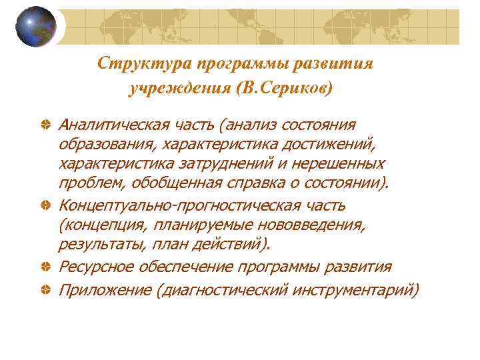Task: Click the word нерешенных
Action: coord(345,164)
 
